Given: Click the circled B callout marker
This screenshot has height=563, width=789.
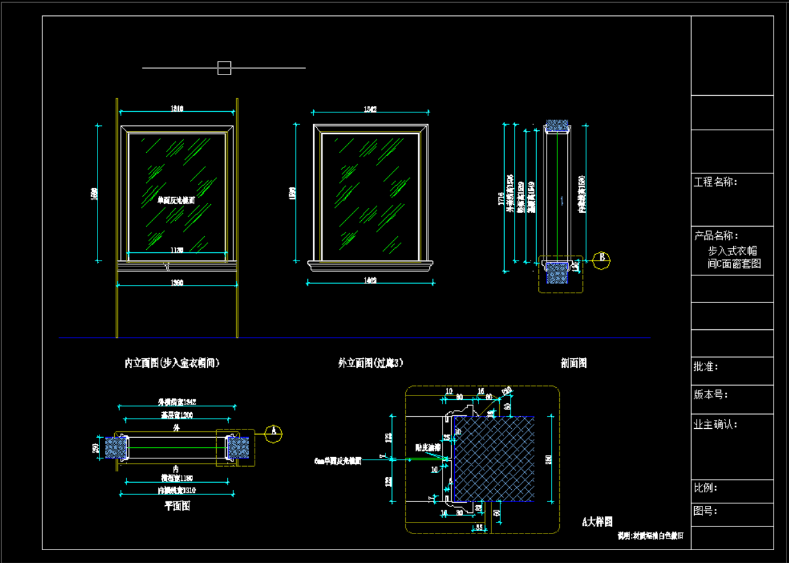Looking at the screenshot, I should (601, 260).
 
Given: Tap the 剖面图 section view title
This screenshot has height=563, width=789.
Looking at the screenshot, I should (573, 363).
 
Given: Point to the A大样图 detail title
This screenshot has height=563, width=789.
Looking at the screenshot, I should (597, 522).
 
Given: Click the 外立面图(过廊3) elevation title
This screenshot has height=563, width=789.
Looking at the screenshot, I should (371, 363).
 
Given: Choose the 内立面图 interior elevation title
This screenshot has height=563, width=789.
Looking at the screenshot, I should (172, 363).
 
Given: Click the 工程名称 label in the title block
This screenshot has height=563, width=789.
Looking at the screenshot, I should (716, 182).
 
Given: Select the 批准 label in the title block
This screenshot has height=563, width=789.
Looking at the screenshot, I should (706, 367).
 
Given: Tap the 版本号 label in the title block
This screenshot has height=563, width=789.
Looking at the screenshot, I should (711, 394).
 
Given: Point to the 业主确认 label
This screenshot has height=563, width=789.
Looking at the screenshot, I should (716, 424).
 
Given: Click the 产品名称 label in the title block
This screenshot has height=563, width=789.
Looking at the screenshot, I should (716, 236).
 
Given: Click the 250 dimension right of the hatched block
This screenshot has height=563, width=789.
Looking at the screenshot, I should (549, 459).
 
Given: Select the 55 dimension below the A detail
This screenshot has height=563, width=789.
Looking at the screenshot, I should (479, 527).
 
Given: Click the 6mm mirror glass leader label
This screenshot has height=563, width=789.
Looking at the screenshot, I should (338, 461).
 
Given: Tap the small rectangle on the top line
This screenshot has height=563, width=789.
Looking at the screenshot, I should (224, 67).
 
